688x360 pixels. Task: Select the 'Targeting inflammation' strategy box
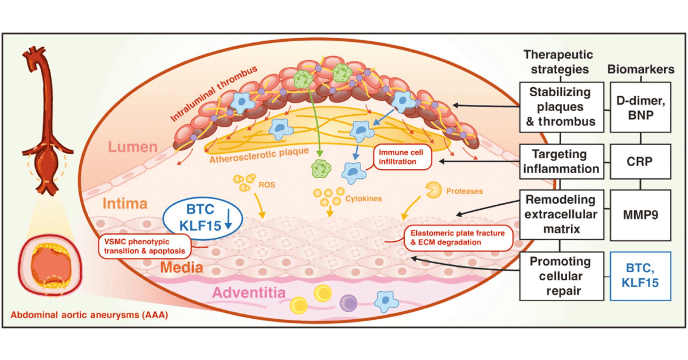pos(562,161)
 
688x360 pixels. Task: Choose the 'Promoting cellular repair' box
pos(562,276)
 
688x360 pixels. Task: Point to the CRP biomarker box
pos(640,161)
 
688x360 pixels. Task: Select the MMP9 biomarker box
pos(640,214)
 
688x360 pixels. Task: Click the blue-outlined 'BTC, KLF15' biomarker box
pos(640,276)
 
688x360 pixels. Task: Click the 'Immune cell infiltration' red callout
pos(402,158)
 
